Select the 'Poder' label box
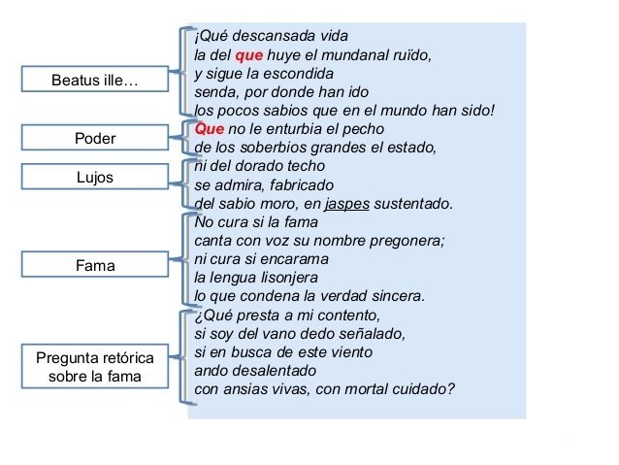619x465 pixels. tap(95, 139)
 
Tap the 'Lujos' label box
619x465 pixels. tap(95, 178)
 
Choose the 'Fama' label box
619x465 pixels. tap(95, 264)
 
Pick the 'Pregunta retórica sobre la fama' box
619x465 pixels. tap(95, 367)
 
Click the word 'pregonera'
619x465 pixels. tap(407, 241)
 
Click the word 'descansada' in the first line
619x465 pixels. tap(271, 37)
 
